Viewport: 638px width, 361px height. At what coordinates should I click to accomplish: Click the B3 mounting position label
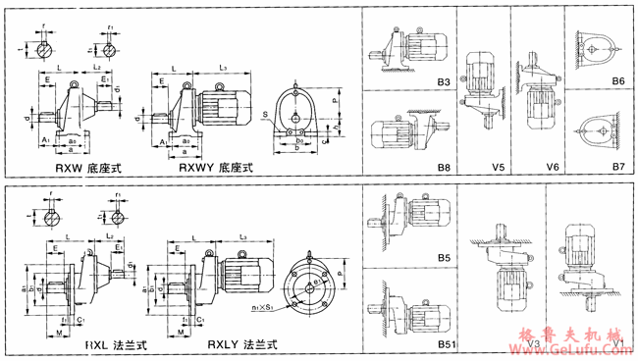pyautogui.click(x=444, y=82)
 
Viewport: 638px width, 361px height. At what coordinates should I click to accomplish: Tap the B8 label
pyautogui.click(x=444, y=168)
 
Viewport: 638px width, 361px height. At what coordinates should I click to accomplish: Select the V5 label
pyautogui.click(x=500, y=168)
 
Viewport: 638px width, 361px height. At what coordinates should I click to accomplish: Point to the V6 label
pyautogui.click(x=553, y=168)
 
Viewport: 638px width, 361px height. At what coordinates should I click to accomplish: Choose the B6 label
pyautogui.click(x=618, y=82)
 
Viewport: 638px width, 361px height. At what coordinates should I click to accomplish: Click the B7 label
pyautogui.click(x=618, y=168)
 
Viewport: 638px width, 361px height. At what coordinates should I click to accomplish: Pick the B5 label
pyautogui.click(x=444, y=258)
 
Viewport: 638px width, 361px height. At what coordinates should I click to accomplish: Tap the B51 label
pyautogui.click(x=446, y=344)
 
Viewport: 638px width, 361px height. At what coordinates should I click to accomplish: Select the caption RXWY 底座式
pyautogui.click(x=215, y=168)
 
